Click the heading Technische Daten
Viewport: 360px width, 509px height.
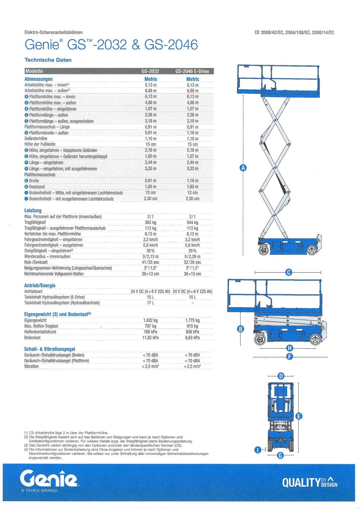[x=48, y=60]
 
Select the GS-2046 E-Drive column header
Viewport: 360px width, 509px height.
[x=192, y=71]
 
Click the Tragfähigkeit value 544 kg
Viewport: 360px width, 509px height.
[x=192, y=222]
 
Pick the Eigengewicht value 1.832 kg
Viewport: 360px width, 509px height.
[x=150, y=320]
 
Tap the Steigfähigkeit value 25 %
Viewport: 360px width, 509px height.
[x=192, y=251]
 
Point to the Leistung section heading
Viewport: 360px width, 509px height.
[x=33, y=210]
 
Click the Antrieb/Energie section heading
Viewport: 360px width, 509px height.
[x=40, y=285]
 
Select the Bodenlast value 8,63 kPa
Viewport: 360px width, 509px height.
[x=192, y=338]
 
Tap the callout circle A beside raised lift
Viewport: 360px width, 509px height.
[x=243, y=168]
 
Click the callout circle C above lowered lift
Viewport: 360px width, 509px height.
[x=289, y=272]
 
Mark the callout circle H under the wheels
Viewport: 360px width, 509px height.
[x=289, y=348]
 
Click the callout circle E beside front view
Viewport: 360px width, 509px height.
[x=299, y=416]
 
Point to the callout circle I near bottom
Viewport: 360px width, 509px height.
[x=258, y=450]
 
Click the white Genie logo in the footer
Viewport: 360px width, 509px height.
[x=49, y=479]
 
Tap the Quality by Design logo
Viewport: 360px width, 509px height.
[x=309, y=482]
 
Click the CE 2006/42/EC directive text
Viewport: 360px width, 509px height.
[x=294, y=32]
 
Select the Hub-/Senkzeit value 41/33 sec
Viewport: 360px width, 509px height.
[x=150, y=262]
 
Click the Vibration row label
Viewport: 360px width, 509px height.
[x=32, y=366]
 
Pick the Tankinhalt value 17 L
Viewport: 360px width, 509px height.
[x=150, y=303]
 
